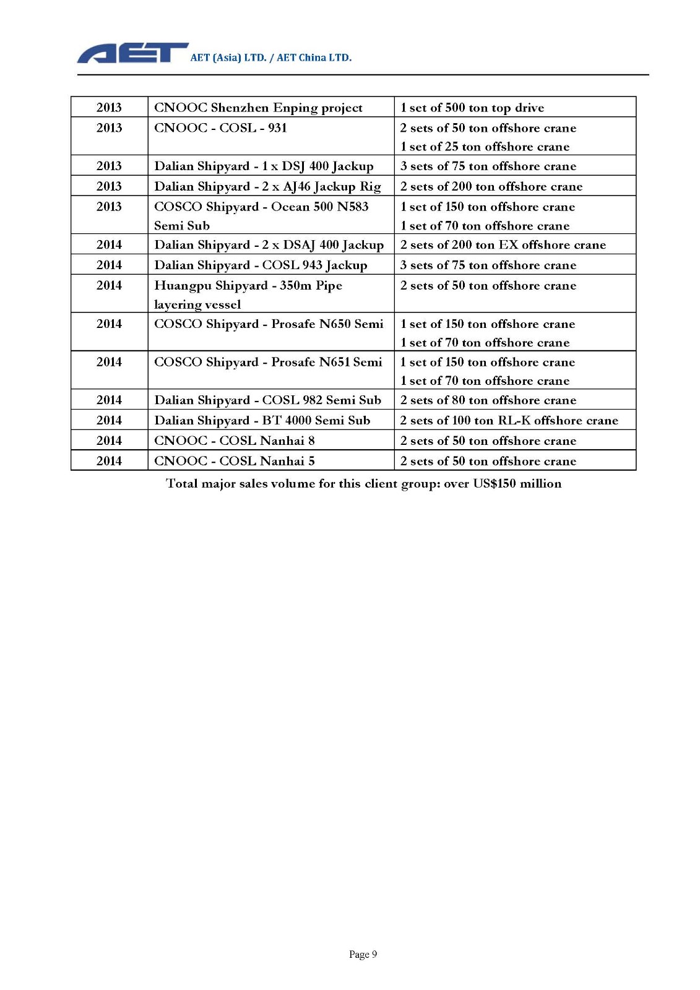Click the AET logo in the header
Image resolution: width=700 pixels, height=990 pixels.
(132, 54)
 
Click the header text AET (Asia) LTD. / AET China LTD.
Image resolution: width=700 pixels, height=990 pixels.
(270, 58)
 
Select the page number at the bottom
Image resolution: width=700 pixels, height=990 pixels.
(363, 954)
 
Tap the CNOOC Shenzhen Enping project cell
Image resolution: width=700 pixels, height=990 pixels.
(258, 108)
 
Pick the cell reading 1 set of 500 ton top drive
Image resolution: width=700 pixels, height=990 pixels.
(472, 108)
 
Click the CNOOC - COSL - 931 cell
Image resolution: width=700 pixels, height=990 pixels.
(220, 128)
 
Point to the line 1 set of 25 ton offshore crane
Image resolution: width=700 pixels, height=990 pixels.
(485, 147)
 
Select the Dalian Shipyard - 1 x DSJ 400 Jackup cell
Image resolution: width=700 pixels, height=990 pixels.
(264, 166)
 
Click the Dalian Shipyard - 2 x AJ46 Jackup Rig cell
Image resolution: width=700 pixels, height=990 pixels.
(267, 186)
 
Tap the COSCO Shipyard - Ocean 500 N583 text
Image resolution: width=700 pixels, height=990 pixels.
(261, 207)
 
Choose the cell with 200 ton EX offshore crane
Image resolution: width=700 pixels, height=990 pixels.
(503, 244)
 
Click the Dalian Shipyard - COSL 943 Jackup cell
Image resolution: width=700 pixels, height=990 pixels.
(261, 265)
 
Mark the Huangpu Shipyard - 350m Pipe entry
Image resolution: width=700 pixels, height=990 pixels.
(248, 286)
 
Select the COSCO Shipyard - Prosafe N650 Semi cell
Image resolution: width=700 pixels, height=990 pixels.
(269, 324)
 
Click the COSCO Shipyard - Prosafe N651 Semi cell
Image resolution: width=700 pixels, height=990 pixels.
(268, 362)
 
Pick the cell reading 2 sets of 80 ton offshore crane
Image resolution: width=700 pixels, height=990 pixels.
(488, 400)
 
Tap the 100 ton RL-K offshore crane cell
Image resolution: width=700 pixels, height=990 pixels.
(509, 421)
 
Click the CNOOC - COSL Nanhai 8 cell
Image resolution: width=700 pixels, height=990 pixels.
(235, 441)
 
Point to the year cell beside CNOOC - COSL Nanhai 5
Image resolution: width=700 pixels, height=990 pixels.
(109, 461)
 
